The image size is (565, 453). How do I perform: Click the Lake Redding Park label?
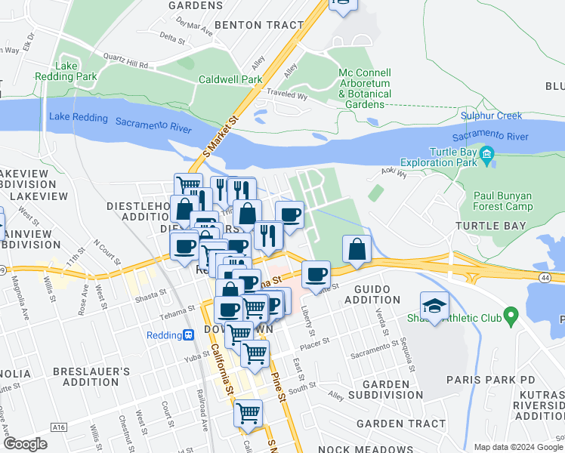66,71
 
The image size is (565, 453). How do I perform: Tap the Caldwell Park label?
230,79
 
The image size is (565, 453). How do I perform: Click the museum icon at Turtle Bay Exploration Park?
487,156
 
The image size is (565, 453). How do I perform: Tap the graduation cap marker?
434,307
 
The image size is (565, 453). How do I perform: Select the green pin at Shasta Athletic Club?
511,313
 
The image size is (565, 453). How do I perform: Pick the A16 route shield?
59,427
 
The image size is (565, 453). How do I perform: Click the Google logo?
25,444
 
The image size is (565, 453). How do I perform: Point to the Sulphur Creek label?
492,116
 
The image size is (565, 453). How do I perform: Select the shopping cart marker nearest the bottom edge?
248,413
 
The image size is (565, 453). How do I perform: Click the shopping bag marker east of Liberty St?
357,248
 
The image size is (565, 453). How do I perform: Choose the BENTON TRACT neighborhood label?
259,25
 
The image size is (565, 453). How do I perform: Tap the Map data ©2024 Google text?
517,447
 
